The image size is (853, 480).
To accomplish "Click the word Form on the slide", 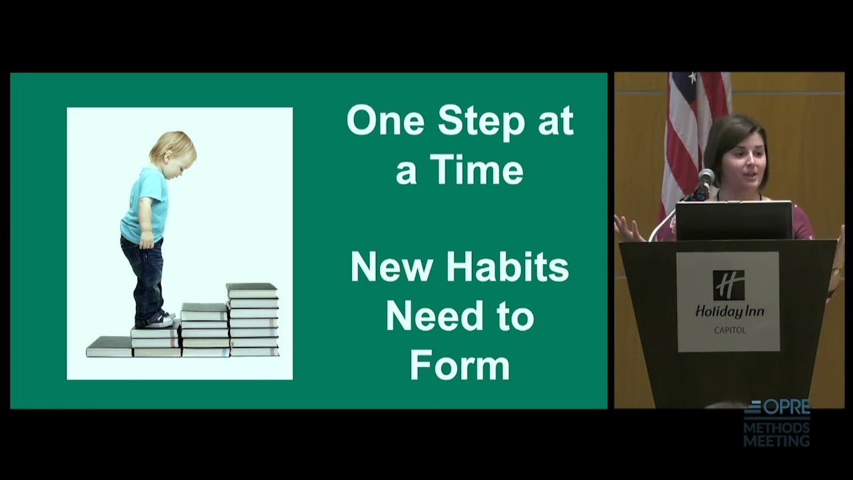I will coord(459,365).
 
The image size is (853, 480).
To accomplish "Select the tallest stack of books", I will coord(253,320).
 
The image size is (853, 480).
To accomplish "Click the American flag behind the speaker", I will coord(686,133).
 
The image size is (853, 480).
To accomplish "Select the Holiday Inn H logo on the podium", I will coord(728,285).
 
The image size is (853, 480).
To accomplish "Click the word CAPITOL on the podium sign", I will coord(729,330).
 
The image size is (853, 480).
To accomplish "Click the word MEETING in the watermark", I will coord(776,441).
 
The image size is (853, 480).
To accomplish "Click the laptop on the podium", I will coord(734,220).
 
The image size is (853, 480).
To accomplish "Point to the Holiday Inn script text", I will coord(729,312).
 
